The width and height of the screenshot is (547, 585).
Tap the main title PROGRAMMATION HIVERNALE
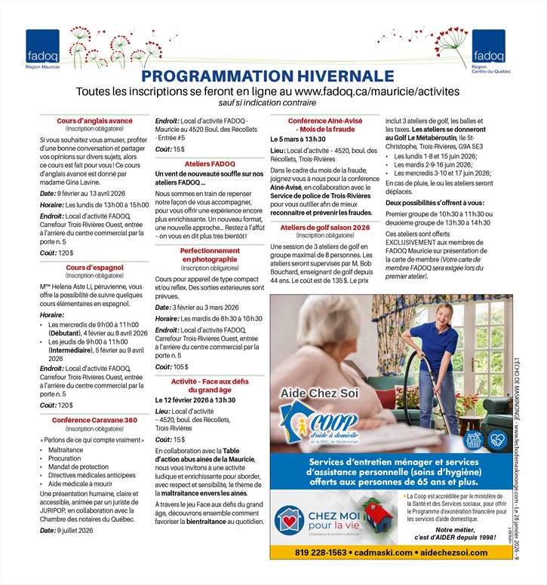268,76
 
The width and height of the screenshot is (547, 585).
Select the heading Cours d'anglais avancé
94,121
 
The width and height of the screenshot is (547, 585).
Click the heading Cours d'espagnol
94,267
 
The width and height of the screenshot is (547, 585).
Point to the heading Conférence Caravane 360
94,420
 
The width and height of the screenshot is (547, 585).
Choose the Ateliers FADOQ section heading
210,163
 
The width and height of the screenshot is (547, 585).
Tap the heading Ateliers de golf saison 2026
325,227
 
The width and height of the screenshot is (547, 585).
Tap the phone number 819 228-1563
320,552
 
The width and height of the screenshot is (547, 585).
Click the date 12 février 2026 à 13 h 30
202,400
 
